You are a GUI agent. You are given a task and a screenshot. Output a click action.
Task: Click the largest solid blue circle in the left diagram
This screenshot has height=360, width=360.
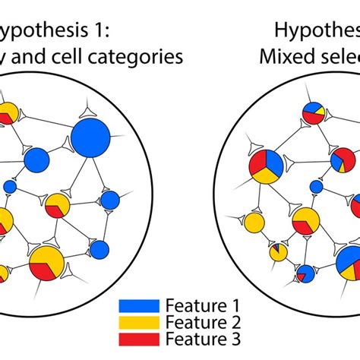point(92,137)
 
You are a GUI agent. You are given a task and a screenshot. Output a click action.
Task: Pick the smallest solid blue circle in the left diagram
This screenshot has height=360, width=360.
point(11,186)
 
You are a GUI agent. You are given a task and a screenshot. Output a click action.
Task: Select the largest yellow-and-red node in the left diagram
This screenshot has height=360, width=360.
point(46,263)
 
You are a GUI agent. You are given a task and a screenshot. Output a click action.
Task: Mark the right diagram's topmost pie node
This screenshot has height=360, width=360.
point(314,112)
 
